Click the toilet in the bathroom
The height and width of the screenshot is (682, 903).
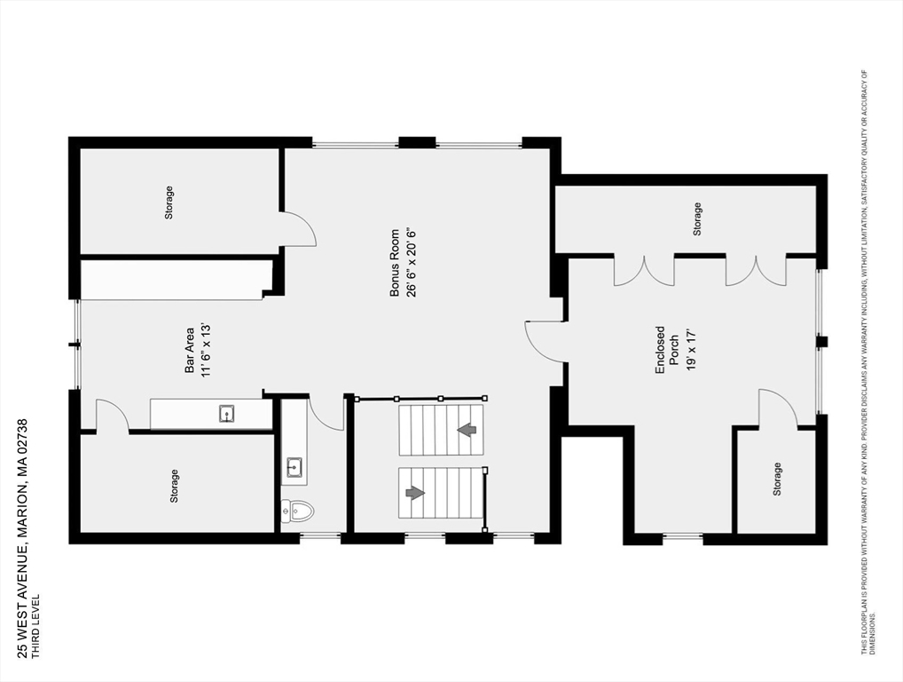[297, 511]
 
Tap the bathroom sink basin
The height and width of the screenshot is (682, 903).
[294, 466]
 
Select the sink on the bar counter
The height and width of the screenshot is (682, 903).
[226, 413]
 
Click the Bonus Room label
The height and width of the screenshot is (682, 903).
[395, 263]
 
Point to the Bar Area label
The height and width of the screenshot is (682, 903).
[189, 350]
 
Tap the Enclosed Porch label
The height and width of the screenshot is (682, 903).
[667, 350]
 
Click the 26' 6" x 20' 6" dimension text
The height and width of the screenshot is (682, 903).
[412, 263]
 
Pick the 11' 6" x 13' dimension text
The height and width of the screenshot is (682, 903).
[206, 350]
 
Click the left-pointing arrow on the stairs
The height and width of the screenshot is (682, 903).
[467, 430]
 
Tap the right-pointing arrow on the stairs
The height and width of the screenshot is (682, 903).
[415, 493]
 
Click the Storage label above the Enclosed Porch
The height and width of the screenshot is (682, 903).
[697, 219]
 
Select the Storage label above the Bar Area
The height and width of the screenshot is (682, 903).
[169, 202]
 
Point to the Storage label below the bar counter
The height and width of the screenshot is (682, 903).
[174, 486]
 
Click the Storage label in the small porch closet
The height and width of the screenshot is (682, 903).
[777, 479]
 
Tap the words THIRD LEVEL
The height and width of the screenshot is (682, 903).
[35, 626]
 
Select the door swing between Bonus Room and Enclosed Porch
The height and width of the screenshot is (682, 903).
[545, 341]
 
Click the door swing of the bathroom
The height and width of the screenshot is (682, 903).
[326, 412]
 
